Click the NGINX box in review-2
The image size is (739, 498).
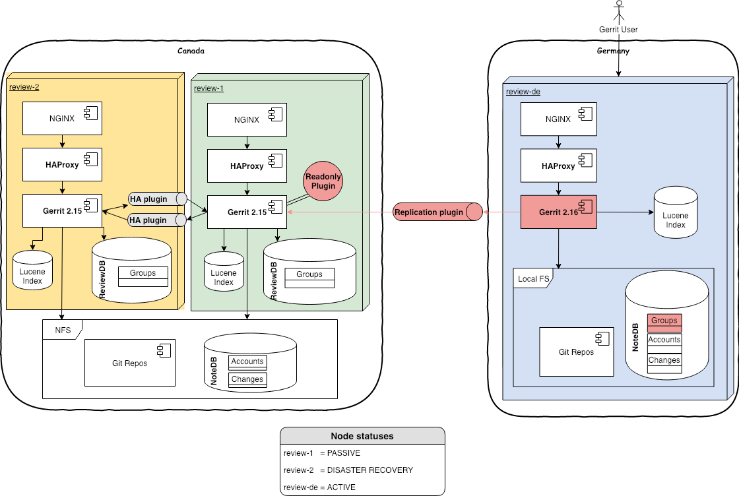click(62, 119)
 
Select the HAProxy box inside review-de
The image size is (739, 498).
click(559, 166)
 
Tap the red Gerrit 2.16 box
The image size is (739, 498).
click(558, 212)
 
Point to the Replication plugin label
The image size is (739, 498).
click(429, 212)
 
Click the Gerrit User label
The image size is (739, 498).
click(618, 30)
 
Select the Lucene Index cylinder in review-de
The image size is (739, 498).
click(675, 212)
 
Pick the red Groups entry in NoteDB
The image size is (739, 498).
click(664, 321)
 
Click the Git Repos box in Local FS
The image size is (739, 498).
click(576, 352)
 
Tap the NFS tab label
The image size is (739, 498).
click(61, 329)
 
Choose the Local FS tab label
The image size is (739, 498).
click(532, 279)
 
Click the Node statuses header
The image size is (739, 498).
click(362, 436)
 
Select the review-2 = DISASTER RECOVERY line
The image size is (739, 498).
click(348, 470)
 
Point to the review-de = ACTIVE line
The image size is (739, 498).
click(319, 487)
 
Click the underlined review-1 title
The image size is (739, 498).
click(209, 88)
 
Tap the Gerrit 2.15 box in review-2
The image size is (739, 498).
click(62, 211)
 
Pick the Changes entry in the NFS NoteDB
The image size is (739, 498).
click(247, 379)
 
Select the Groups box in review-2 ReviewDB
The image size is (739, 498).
click(143, 273)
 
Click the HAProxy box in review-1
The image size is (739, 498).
click(247, 166)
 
